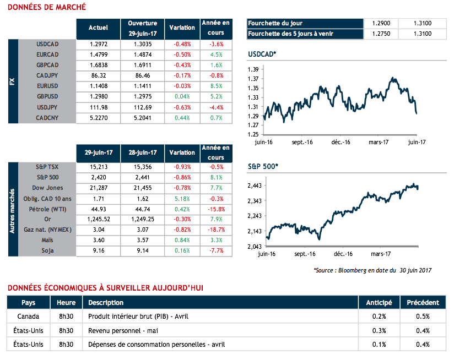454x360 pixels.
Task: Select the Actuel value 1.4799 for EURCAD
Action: pyautogui.click(x=98, y=54)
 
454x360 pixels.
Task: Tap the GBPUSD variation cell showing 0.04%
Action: pyautogui.click(x=182, y=96)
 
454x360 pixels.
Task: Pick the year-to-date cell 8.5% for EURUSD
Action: pyautogui.click(x=216, y=86)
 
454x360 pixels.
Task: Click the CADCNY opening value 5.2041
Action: pyautogui.click(x=142, y=117)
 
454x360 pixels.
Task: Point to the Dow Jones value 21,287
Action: pyautogui.click(x=98, y=188)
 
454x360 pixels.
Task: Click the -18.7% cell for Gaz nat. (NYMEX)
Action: pyautogui.click(x=216, y=230)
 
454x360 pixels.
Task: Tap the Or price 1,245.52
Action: pyautogui.click(x=98, y=220)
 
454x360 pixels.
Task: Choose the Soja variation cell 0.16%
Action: pyautogui.click(x=182, y=251)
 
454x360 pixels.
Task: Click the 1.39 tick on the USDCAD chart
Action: pyautogui.click(x=253, y=69)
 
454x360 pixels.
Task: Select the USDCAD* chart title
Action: pyautogui.click(x=262, y=54)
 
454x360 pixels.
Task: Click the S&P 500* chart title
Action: pyautogui.click(x=263, y=166)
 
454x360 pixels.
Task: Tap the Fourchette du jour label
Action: pyautogui.click(x=275, y=24)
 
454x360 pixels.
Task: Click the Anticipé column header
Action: pyautogui.click(x=379, y=302)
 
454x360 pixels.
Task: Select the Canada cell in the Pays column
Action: pyautogui.click(x=28, y=317)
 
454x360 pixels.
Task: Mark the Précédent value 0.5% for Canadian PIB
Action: pyautogui.click(x=422, y=317)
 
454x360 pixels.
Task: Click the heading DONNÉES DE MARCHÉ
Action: pyautogui.click(x=47, y=7)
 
